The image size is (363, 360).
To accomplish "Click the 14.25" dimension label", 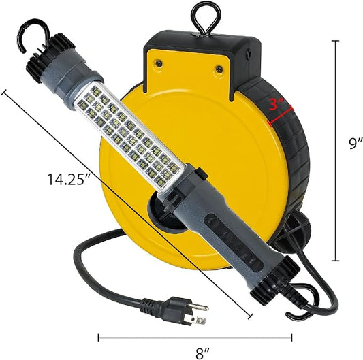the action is (x=69, y=179).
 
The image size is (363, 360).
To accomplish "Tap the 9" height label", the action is (x=356, y=144).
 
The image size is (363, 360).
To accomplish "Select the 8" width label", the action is (x=201, y=353).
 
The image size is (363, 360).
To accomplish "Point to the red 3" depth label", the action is (x=277, y=105).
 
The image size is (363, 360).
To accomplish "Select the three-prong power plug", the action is (x=175, y=309).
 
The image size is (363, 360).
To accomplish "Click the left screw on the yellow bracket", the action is (x=159, y=63).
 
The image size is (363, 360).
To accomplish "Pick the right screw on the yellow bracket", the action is (x=219, y=69).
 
